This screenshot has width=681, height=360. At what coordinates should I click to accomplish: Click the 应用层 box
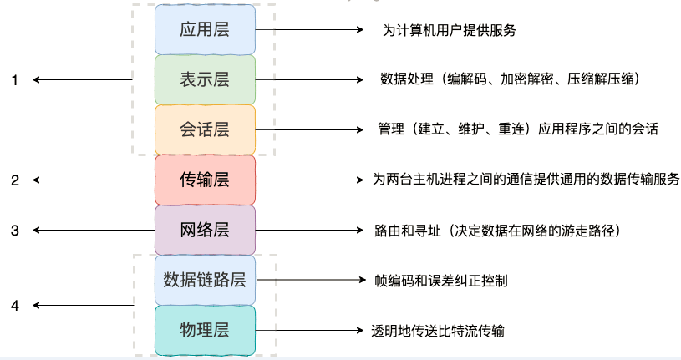coord(205,30)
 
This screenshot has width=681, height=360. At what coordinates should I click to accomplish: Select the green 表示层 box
coord(205,80)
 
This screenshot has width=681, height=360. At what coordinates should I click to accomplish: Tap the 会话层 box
coord(205,129)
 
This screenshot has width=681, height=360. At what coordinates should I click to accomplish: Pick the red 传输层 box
coord(205,180)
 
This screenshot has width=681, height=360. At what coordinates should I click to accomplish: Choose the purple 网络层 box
coord(205,230)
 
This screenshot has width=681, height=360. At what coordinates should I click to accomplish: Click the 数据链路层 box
coord(205,280)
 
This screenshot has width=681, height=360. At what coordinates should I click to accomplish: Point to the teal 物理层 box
coord(205,329)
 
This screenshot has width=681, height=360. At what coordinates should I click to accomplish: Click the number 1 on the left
coord(14,80)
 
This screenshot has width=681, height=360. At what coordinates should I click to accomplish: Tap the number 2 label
coord(14,180)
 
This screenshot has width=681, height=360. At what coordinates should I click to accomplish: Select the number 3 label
coord(14,230)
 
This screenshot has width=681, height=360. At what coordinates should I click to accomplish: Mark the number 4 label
coord(14,306)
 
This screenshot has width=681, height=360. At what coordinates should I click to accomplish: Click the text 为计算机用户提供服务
coord(450,31)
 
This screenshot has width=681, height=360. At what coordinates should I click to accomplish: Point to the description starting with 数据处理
coord(510,80)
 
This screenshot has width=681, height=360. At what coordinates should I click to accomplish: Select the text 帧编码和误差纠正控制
coord(440,281)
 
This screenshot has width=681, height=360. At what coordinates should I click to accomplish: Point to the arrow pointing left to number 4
coord(84,306)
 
